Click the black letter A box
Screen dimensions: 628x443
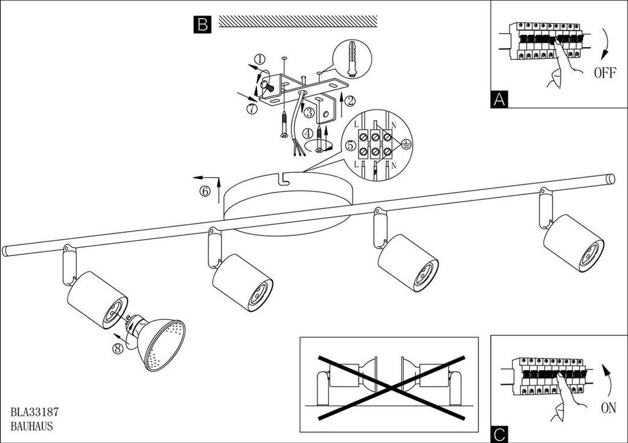click(x=499, y=99)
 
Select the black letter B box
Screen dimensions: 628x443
click(x=202, y=25)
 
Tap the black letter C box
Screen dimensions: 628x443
click(x=499, y=434)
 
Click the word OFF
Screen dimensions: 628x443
click(x=605, y=74)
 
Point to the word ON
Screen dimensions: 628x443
click(x=608, y=408)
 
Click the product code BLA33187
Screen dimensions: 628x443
click(x=35, y=411)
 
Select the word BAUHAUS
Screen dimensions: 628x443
click(x=32, y=426)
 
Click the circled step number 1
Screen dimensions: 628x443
click(x=259, y=59)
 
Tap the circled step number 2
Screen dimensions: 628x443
click(x=350, y=101)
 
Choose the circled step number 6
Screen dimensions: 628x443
click(x=205, y=191)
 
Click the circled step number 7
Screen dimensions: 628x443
click(x=251, y=108)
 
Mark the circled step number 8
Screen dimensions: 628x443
click(x=117, y=349)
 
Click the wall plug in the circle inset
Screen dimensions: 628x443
click(x=351, y=59)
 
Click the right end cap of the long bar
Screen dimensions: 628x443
click(x=610, y=178)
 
